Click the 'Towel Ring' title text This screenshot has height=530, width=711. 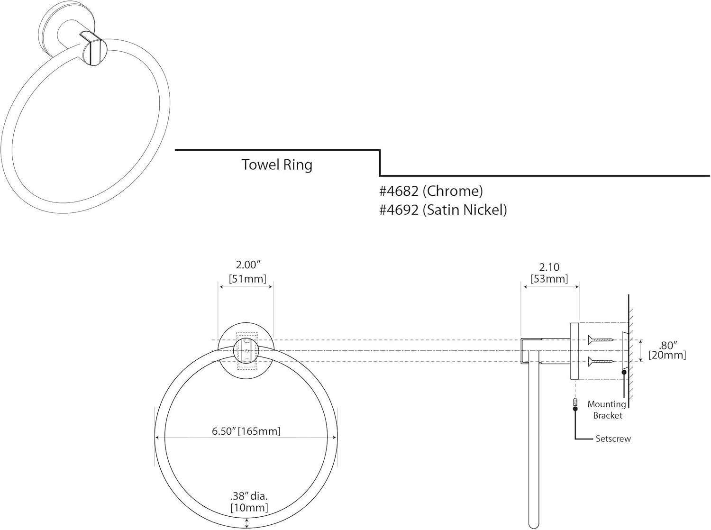click(277, 165)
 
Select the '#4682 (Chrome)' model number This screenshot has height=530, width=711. click(431, 191)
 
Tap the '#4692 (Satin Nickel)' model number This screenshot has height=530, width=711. click(443, 210)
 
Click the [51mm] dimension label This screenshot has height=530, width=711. click(247, 279)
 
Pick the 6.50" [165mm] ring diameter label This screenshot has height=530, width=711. click(246, 431)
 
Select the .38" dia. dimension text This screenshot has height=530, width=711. click(249, 496)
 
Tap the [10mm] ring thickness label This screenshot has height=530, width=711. click(249, 508)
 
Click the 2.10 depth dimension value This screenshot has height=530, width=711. click(549, 268)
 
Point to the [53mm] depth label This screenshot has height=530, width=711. click(549, 279)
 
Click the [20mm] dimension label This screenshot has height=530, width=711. click(668, 355)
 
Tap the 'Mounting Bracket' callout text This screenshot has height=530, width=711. click(607, 410)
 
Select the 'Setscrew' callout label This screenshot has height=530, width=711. click(613, 439)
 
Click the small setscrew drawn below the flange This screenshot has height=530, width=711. click(575, 403)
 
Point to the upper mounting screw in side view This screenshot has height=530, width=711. click(601, 339)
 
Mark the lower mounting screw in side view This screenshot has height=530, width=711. click(601, 362)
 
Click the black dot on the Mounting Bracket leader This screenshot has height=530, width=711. click(624, 372)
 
